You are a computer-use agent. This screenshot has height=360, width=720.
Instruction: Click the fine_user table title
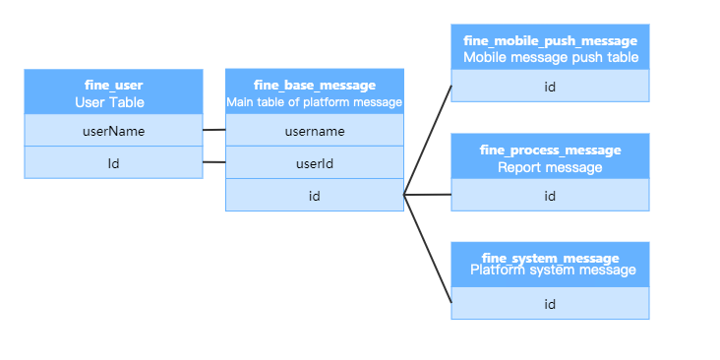pos(113,86)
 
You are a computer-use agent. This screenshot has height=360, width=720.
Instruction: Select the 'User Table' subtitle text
pos(113,102)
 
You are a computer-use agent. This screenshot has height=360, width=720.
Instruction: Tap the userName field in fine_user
pos(113,131)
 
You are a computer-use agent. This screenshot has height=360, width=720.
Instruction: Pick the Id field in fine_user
pos(113,162)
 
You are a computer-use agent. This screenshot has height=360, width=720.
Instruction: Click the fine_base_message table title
pos(315,86)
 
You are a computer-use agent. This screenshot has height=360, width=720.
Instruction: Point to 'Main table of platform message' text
pos(315,102)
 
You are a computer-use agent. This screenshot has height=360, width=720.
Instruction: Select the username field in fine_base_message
pos(315,131)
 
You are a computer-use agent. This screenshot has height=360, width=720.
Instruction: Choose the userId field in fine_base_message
pos(315,163)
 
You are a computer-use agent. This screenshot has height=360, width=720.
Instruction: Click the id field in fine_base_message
pos(315,196)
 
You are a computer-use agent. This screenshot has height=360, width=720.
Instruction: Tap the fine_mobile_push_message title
pos(550,40)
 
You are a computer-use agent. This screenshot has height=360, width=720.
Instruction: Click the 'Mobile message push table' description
pos(550,58)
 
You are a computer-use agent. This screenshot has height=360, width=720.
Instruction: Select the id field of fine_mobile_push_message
pos(550,87)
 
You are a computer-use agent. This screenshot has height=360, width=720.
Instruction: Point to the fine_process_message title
pos(550,150)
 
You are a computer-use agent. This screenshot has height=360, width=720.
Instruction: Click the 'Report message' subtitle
pos(550,167)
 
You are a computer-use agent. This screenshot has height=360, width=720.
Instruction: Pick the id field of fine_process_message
pos(550,196)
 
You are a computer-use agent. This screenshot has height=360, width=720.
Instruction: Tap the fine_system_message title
pos(550,258)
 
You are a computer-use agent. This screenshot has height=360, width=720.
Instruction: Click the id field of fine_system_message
pos(550,304)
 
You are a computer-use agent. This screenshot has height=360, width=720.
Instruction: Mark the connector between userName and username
pos(214,129)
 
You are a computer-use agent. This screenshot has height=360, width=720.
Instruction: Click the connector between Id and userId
pos(214,162)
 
